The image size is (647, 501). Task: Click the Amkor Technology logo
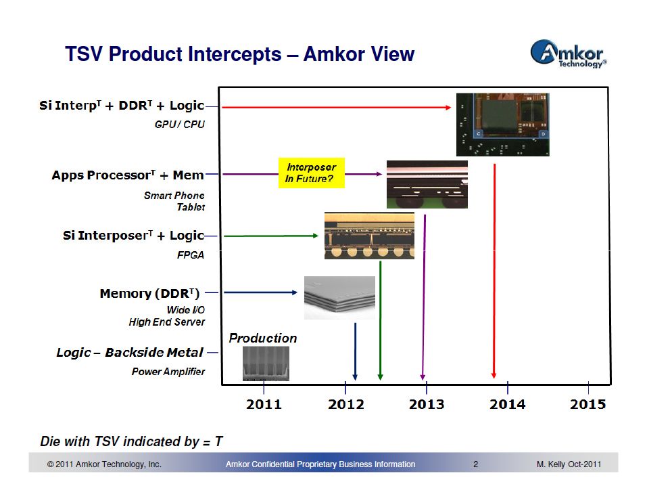pos(569,53)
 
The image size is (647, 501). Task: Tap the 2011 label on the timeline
pos(264,404)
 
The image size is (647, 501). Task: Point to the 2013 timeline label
pos(426,404)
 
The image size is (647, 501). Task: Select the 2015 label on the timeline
pos(588,404)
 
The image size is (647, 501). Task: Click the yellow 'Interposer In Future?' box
pos(312,173)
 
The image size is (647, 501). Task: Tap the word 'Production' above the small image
pos(263,338)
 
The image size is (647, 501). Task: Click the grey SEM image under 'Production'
pos(266,364)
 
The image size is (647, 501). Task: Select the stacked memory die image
pos(339,298)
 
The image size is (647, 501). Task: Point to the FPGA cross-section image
pos(369,236)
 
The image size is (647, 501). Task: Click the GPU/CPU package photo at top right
pos(502,125)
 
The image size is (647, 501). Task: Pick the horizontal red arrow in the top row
pos(336,108)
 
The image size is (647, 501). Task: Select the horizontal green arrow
pos(270,236)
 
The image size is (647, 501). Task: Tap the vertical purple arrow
pos(424,297)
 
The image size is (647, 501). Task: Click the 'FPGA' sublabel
pos(191,255)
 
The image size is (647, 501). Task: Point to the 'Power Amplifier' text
pos(168,372)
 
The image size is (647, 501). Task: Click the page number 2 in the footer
pos(475,464)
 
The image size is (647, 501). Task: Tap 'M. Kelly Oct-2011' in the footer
pos(569,464)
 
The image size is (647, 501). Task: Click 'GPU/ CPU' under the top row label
pos(179,125)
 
